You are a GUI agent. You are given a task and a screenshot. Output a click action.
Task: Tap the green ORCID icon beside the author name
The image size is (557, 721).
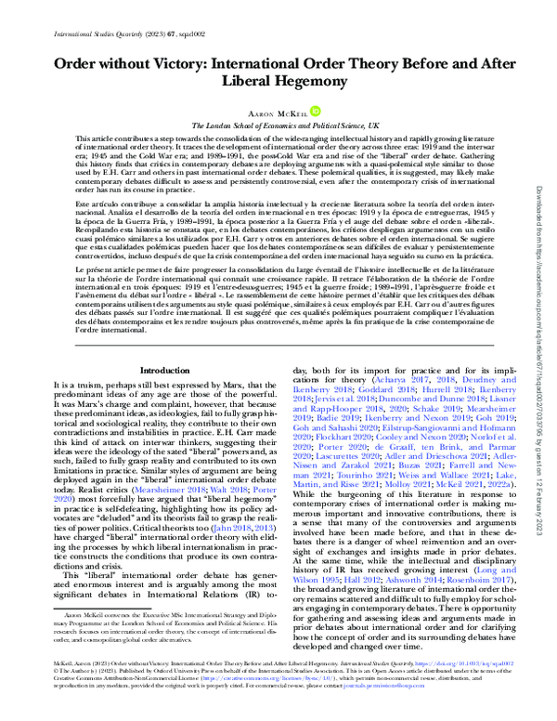click(317, 110)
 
